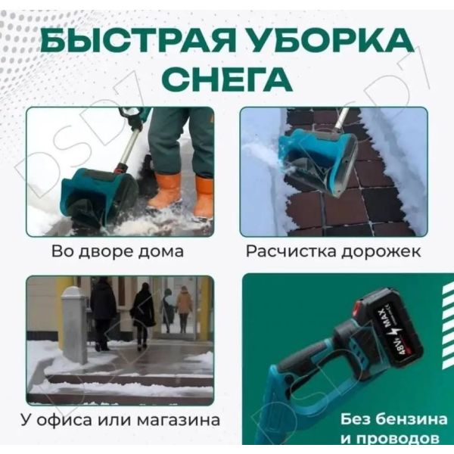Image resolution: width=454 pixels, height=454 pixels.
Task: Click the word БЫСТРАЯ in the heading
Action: (x=138, y=41)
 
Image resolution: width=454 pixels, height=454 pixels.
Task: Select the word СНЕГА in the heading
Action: (x=227, y=79)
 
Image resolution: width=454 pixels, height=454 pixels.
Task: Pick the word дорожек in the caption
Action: (x=381, y=252)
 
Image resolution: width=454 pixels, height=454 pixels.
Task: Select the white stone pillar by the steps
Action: (x=74, y=325)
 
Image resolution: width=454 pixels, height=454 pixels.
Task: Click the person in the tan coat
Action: (x=184, y=309)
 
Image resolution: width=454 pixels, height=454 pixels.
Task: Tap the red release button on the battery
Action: (x=359, y=309)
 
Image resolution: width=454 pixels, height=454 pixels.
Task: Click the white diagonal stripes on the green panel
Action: (x=448, y=326)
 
